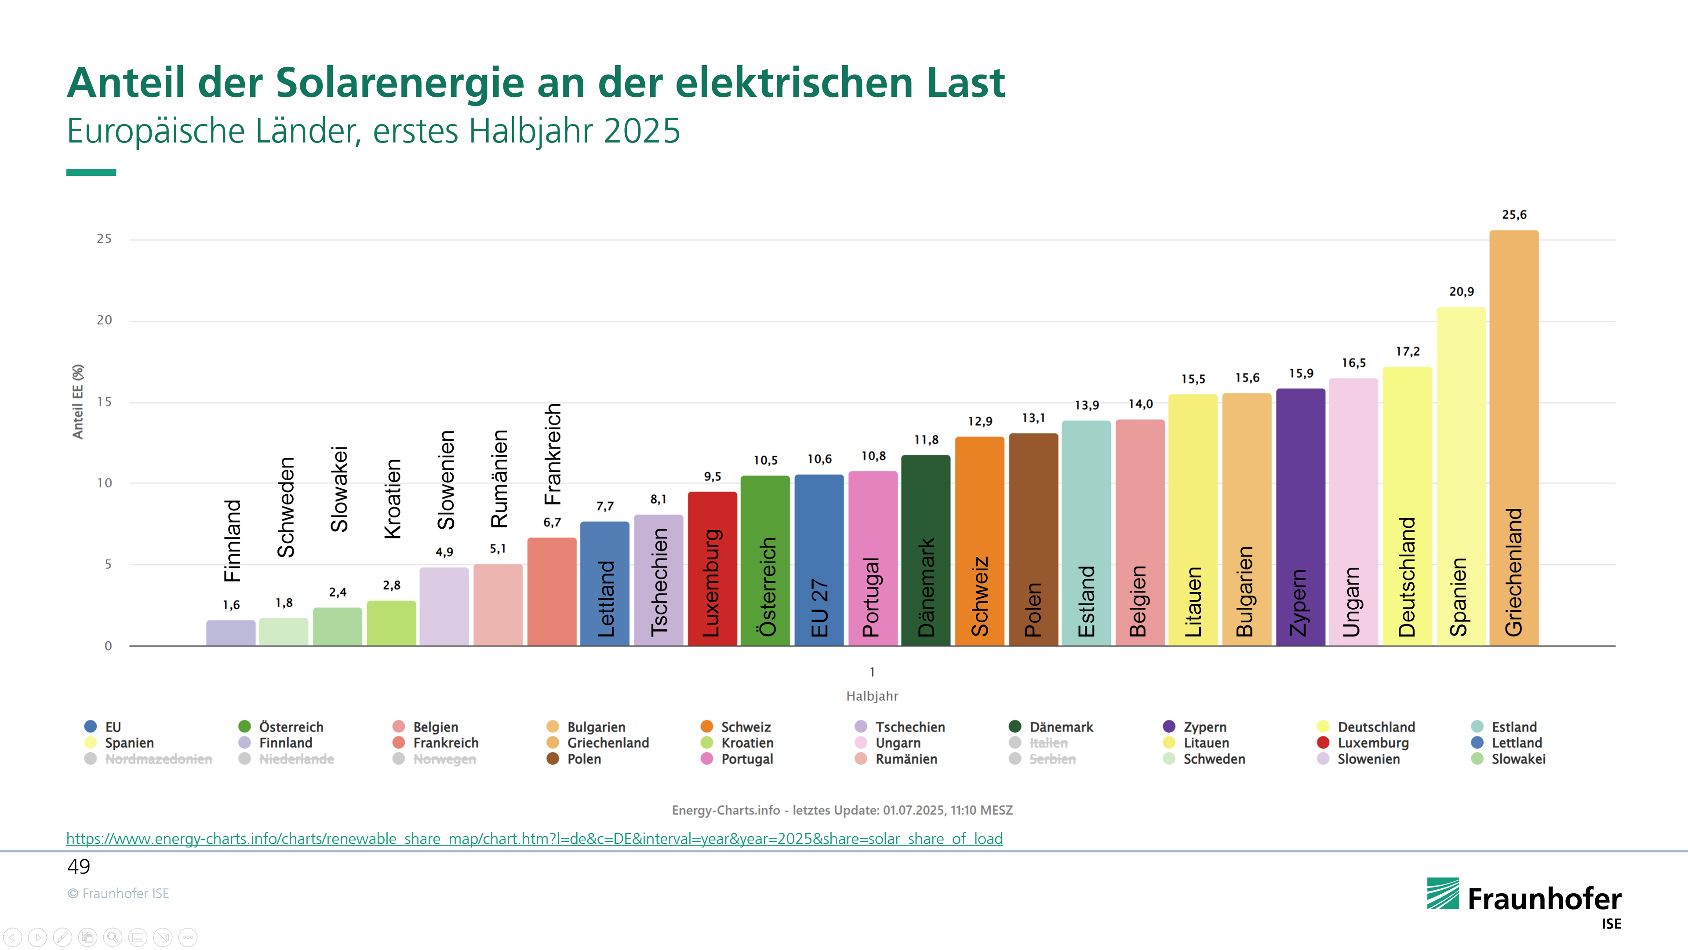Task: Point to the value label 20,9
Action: tap(1461, 292)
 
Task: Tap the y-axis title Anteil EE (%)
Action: tap(78, 401)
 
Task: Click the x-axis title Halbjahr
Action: tap(872, 696)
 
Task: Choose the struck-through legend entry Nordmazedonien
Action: tap(159, 759)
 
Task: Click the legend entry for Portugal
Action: tap(747, 759)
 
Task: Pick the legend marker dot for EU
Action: tap(91, 727)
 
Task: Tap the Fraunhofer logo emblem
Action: tap(1443, 894)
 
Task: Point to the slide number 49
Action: tap(79, 867)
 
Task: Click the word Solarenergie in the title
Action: tap(400, 83)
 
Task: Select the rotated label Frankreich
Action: tap(553, 454)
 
